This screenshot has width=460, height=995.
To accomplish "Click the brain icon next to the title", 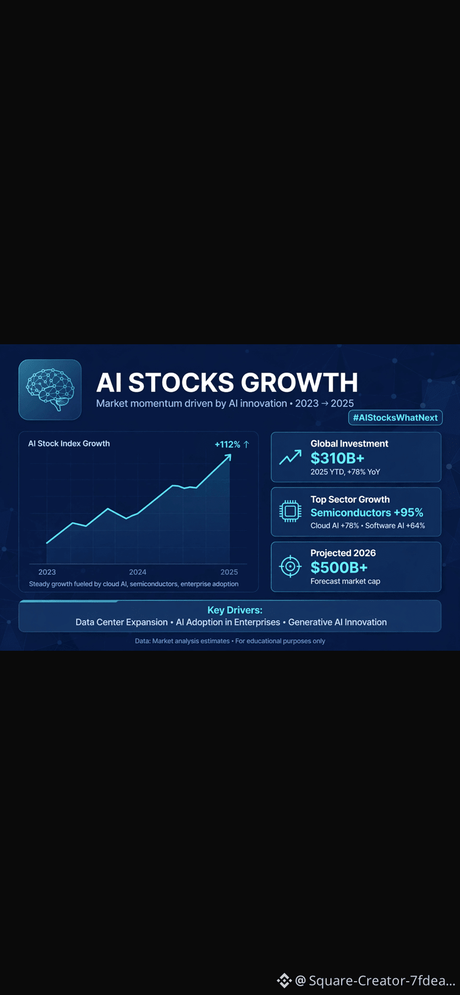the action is tap(50, 389).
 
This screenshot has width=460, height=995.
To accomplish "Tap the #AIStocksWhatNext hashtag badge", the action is tap(395, 418).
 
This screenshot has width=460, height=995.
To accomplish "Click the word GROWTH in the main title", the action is tap(299, 383).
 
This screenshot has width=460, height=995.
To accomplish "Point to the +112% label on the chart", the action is tap(227, 444).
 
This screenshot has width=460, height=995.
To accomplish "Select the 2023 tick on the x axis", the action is tap(47, 572).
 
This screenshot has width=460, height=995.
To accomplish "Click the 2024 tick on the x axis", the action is tap(138, 572).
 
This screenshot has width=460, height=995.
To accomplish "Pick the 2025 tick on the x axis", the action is tap(229, 572).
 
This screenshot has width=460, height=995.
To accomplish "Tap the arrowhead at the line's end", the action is tap(228, 458).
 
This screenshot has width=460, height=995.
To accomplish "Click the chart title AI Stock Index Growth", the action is tap(69, 443).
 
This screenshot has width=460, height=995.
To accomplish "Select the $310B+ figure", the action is tap(337, 458).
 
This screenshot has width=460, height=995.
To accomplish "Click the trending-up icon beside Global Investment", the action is tap(290, 457).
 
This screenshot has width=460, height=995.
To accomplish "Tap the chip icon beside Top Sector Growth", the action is tap(290, 511).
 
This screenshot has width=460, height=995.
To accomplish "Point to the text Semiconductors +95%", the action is tap(367, 512).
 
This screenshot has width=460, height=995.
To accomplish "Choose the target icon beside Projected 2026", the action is tap(290, 566).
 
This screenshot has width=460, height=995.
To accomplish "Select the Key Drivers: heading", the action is tap(234, 610).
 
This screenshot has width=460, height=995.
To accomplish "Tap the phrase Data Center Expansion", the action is tap(122, 622).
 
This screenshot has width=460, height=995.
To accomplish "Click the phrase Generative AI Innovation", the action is tap(337, 622).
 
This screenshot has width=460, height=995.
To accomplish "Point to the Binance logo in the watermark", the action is tap(284, 981).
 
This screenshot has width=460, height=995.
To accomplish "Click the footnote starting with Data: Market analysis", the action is tap(230, 641).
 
